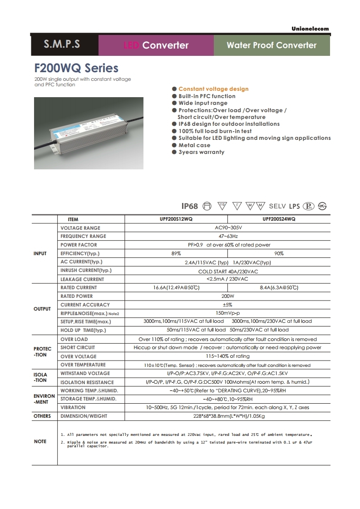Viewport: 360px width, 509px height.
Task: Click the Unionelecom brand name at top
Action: (x=310, y=29)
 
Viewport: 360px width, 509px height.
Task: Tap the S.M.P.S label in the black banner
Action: (x=62, y=44)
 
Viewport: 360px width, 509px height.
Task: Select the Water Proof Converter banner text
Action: (x=271, y=45)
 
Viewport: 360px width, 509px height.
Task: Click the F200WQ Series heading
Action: (x=76, y=68)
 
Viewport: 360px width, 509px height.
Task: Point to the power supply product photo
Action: (x=89, y=133)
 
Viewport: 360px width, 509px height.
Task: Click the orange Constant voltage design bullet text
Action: (x=213, y=89)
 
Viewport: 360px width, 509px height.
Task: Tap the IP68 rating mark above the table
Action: (x=190, y=206)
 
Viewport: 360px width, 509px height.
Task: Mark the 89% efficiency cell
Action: (x=176, y=253)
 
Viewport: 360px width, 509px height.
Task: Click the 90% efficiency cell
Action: (x=279, y=253)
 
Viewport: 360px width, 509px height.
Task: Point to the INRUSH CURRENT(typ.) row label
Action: (x=86, y=271)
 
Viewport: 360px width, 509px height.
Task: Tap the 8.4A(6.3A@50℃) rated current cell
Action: (x=279, y=288)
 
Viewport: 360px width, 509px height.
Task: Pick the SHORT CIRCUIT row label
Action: (x=78, y=347)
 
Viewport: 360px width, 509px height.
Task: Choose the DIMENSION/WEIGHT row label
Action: (x=84, y=416)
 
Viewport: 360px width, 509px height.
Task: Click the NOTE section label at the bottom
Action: (x=40, y=441)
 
